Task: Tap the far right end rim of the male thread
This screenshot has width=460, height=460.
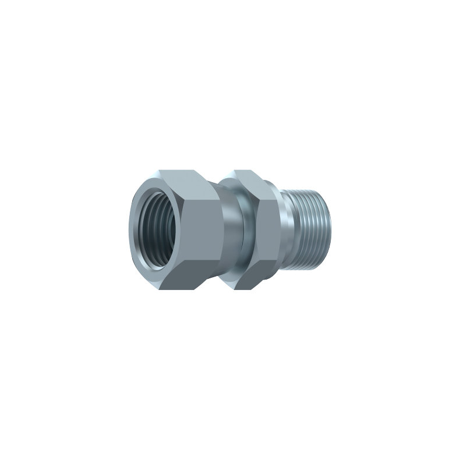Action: tap(328, 229)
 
